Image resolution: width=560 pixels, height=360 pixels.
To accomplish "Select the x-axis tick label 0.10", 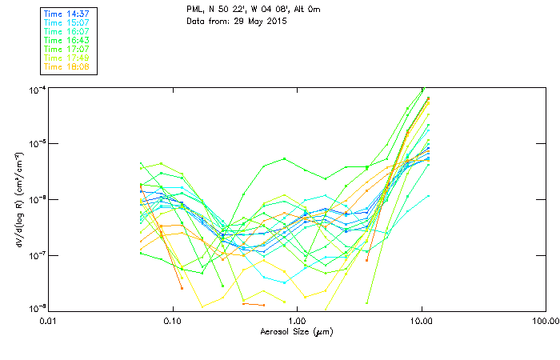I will [173, 322].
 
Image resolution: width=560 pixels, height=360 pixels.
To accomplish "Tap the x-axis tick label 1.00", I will [297, 322].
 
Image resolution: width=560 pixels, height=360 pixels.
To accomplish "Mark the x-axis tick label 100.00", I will [543, 322].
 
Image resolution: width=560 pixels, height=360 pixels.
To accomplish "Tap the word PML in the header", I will [194, 9].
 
